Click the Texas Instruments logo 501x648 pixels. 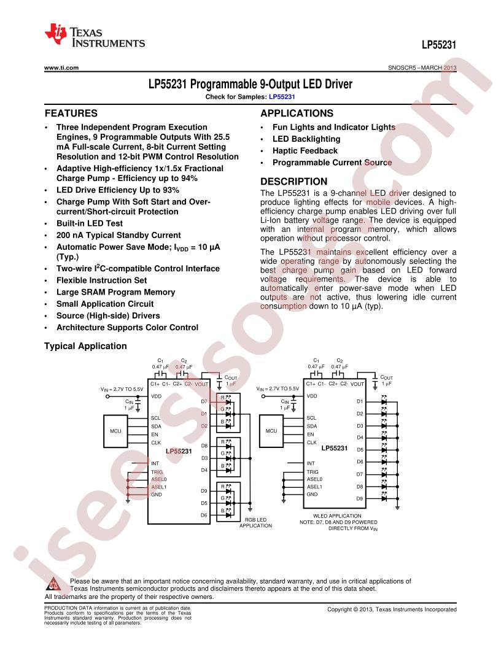pyautogui.click(x=95, y=36)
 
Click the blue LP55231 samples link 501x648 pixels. pyautogui.click(x=282, y=97)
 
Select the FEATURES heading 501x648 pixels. pyautogui.click(x=71, y=114)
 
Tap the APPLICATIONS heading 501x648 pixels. pyautogui.click(x=297, y=114)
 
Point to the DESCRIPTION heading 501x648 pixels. pyautogui.click(x=293, y=182)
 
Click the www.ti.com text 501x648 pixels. pyautogui.click(x=61, y=67)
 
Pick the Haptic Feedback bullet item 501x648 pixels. pyautogui.click(x=305, y=151)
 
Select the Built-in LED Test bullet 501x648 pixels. pyautogui.click(x=90, y=223)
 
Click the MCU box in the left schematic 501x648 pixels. pyautogui.click(x=115, y=431)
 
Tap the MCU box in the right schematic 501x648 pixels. pyautogui.click(x=271, y=431)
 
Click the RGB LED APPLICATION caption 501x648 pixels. pyautogui.click(x=255, y=523)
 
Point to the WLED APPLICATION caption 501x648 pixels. pyautogui.click(x=337, y=515)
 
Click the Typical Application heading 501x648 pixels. pyautogui.click(x=85, y=346)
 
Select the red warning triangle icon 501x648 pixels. pyautogui.click(x=54, y=584)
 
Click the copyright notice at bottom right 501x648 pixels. pyautogui.click(x=392, y=609)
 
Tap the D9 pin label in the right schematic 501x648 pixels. pyautogui.click(x=360, y=499)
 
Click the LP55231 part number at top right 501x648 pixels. pyautogui.click(x=439, y=45)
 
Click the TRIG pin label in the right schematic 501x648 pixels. pyautogui.click(x=313, y=472)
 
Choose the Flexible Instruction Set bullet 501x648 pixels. pyautogui.click(x=102, y=280)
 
